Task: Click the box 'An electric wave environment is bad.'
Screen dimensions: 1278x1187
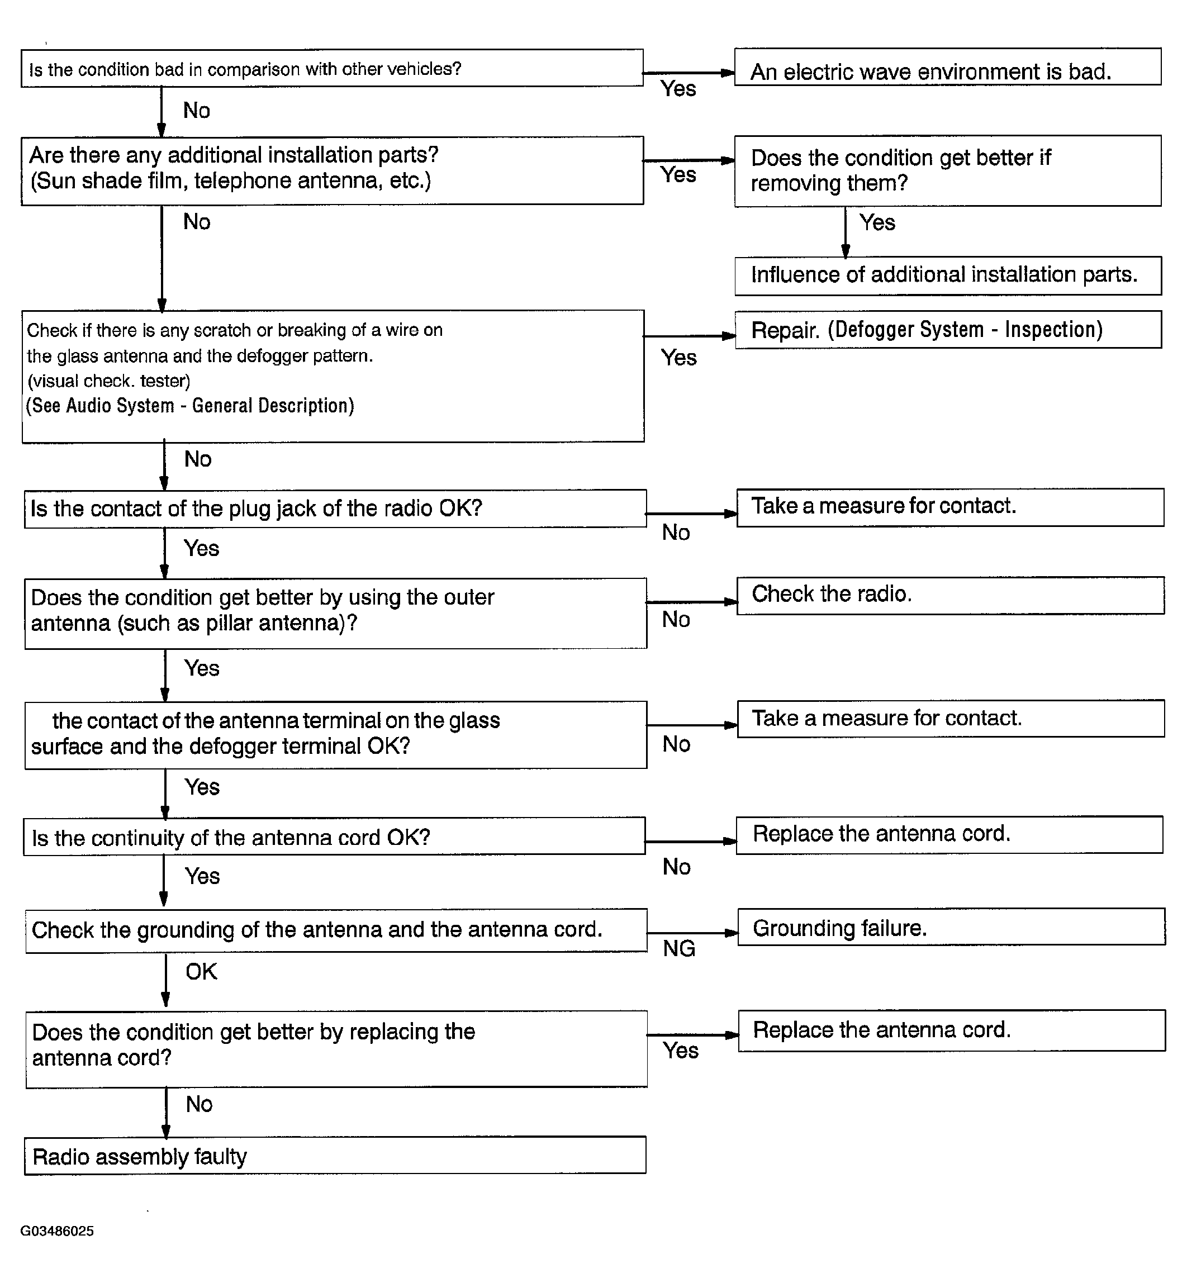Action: coord(947,67)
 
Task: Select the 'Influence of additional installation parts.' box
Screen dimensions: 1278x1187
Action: coord(947,275)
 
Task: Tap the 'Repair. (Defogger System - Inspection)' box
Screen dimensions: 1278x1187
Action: coord(947,330)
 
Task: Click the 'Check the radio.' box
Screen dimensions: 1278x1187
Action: coord(949,595)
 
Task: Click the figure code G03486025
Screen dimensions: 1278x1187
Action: coord(56,1231)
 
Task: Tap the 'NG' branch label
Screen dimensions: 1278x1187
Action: coord(678,948)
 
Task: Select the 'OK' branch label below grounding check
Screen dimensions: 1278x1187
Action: coord(201,972)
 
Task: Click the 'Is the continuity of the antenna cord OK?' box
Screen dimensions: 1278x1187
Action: coord(334,837)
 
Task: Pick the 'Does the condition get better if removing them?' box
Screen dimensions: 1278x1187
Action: coord(947,171)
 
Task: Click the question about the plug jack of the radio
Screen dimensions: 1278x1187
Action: coord(335,509)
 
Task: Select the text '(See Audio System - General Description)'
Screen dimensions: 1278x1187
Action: coord(190,406)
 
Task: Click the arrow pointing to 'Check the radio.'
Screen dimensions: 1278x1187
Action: coord(691,602)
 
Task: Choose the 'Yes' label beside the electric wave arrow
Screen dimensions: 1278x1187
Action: coord(678,89)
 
